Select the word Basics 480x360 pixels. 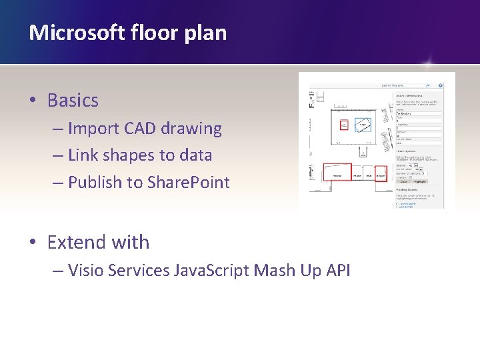(73, 101)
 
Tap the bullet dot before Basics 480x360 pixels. (33, 101)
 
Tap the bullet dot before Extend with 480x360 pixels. (33, 242)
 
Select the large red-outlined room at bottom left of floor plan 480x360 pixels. (337, 171)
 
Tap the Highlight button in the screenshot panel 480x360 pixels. (421, 180)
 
